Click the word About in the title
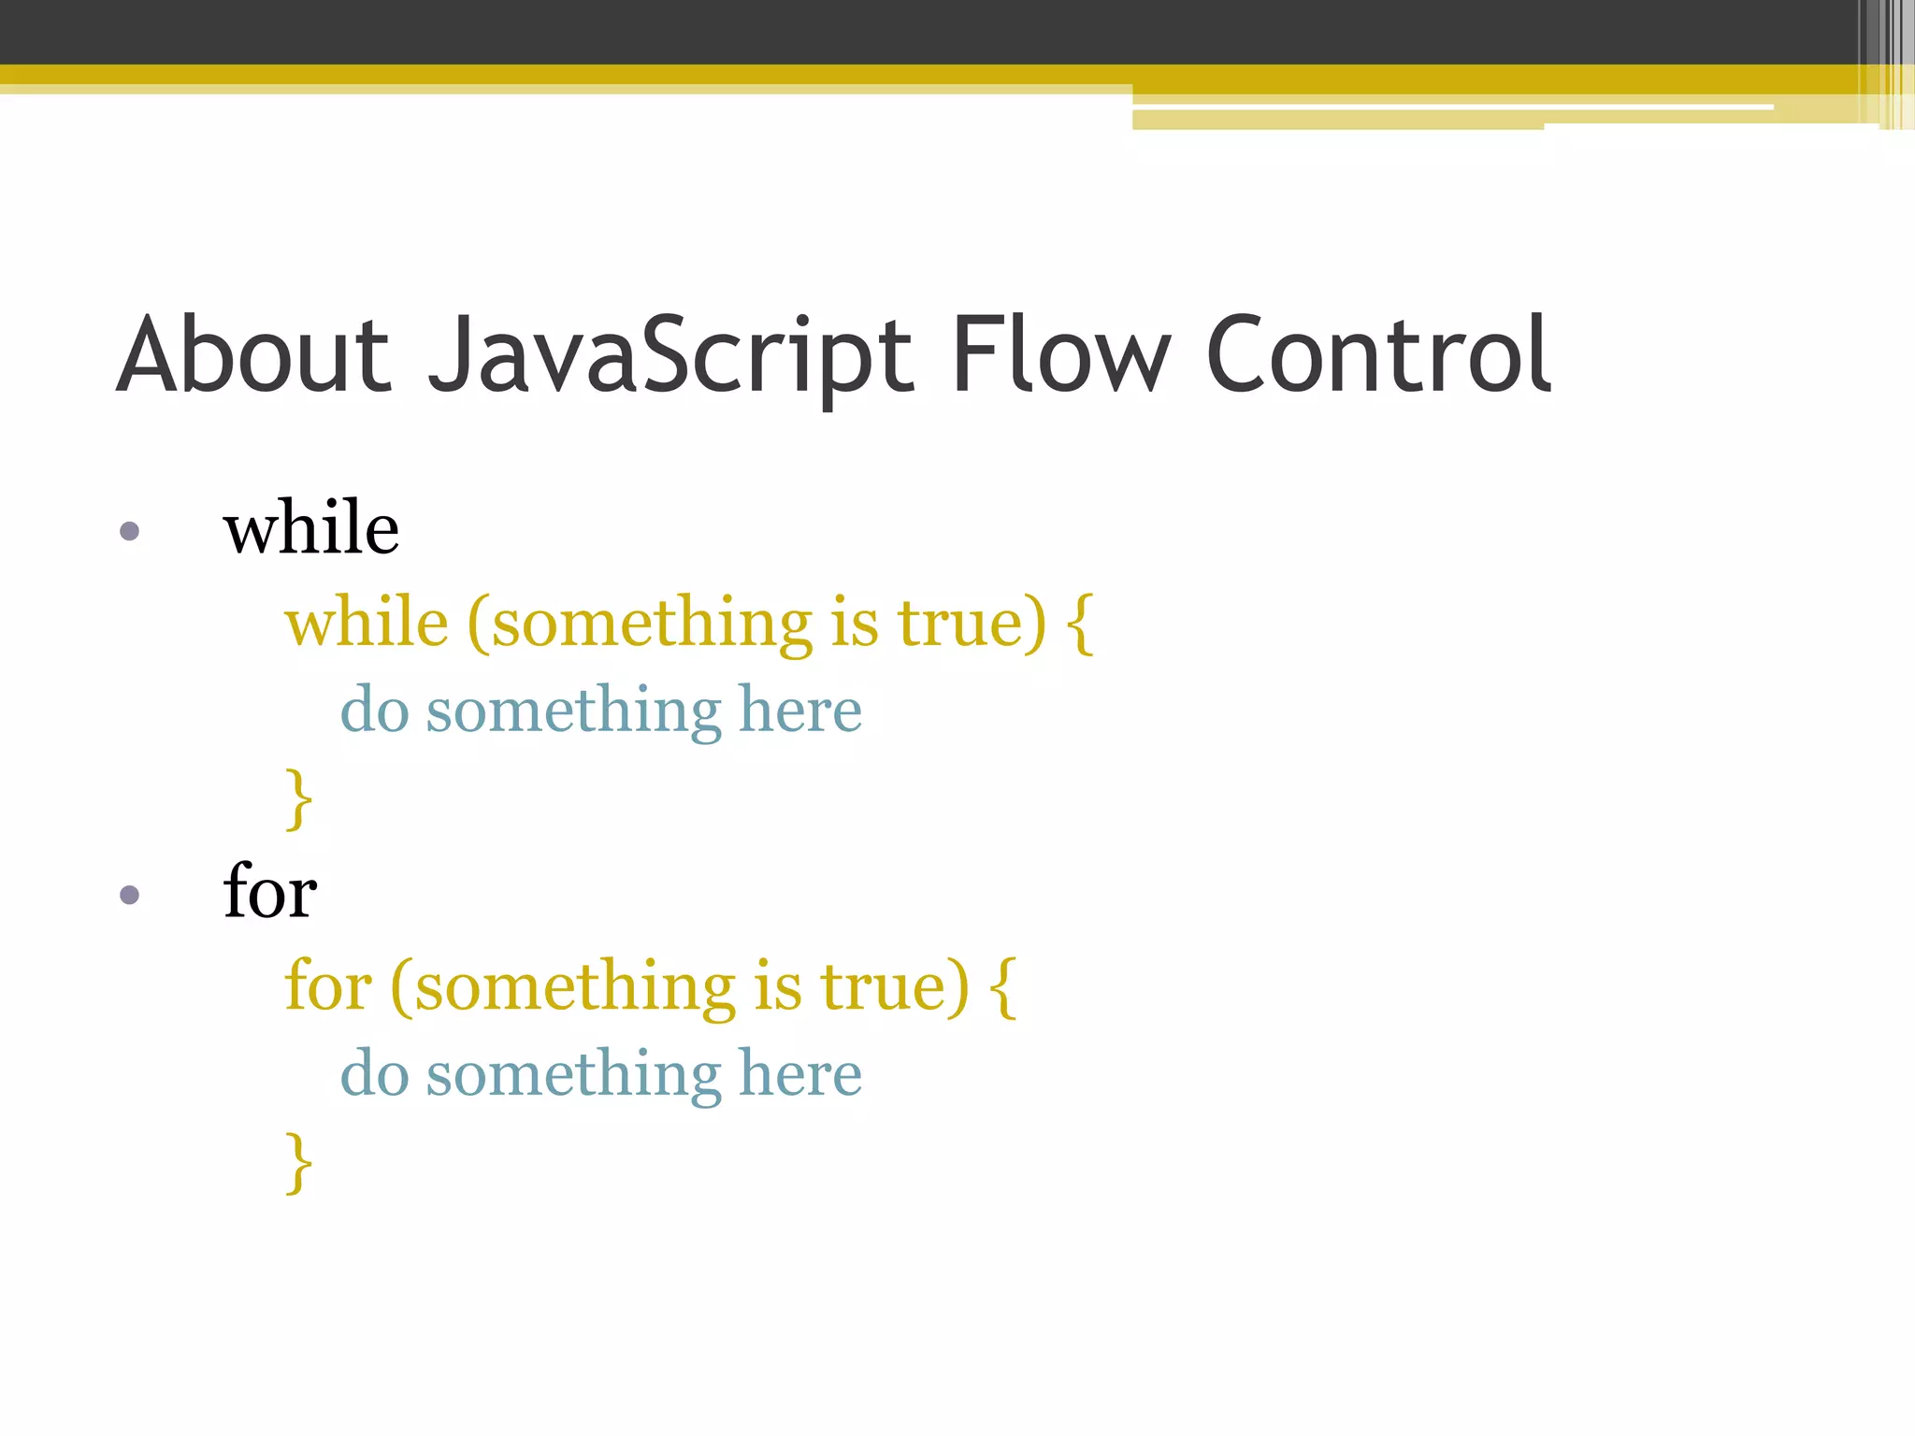point(252,355)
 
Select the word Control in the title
point(1378,355)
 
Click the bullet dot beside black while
point(130,532)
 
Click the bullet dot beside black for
point(130,896)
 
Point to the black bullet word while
point(311,528)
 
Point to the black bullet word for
point(269,892)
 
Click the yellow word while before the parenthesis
point(367,624)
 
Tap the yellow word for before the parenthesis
point(327,987)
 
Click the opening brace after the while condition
point(1079,624)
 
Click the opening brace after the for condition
point(1002,987)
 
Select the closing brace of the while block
point(298,798)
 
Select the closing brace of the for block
point(298,1162)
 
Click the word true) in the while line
point(972,624)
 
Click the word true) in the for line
point(895,987)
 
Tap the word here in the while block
point(800,711)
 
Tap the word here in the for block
point(800,1074)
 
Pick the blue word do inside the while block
point(374,711)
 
